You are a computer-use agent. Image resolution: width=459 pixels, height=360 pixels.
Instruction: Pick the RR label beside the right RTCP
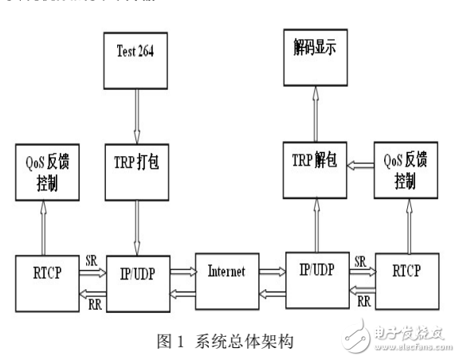(x=363, y=301)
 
